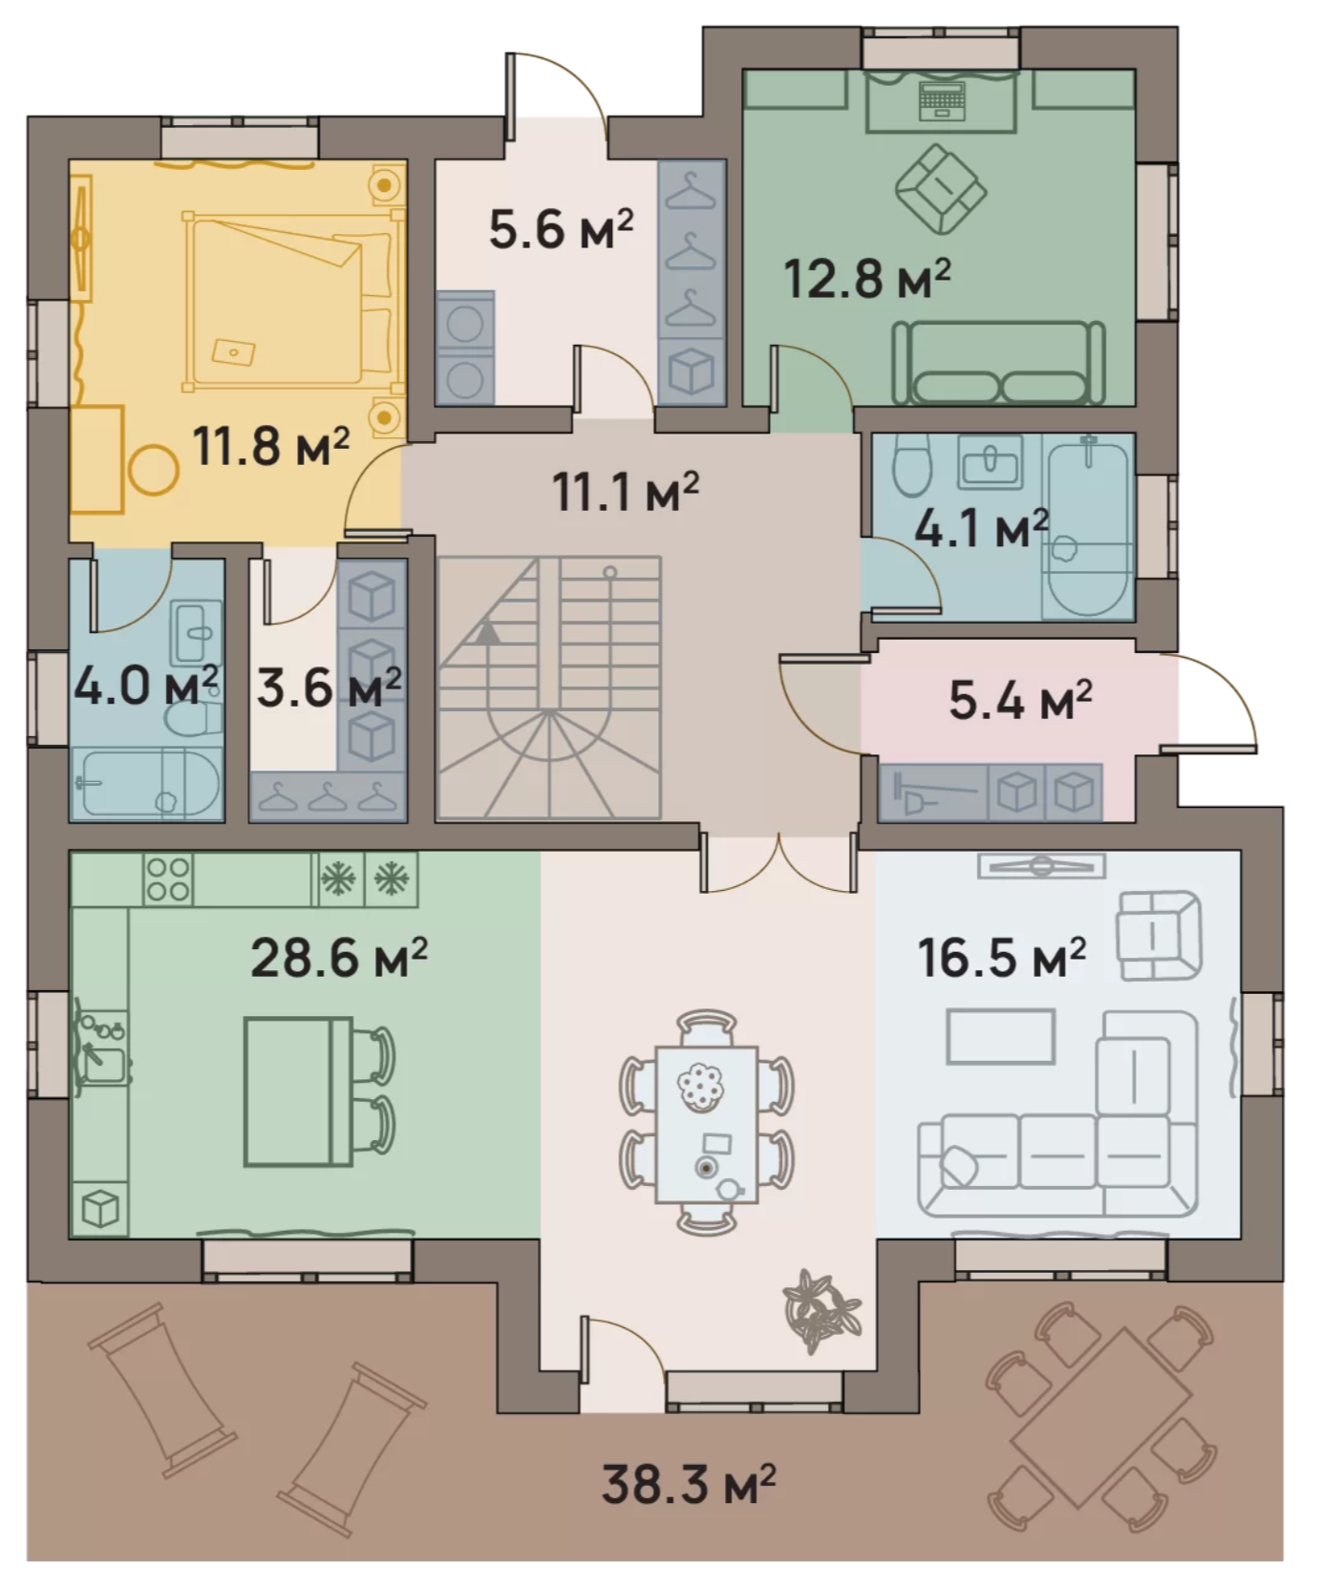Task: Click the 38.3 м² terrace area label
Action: tap(689, 1483)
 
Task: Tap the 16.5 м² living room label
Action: tap(1002, 957)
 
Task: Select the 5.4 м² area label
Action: tap(1020, 700)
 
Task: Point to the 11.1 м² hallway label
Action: tap(626, 491)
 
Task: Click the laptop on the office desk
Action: tap(940, 101)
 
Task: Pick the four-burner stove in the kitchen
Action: tap(168, 879)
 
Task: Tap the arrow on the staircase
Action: tap(488, 630)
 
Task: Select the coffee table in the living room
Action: tap(1001, 1036)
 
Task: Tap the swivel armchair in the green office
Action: tap(941, 189)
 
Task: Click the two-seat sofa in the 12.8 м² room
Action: tap(998, 363)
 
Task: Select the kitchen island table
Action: tap(299, 1091)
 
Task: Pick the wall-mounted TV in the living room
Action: tap(1041, 866)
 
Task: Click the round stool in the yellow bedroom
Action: tap(153, 471)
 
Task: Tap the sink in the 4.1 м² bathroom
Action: tap(992, 462)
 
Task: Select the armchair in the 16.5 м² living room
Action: tap(1160, 935)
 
